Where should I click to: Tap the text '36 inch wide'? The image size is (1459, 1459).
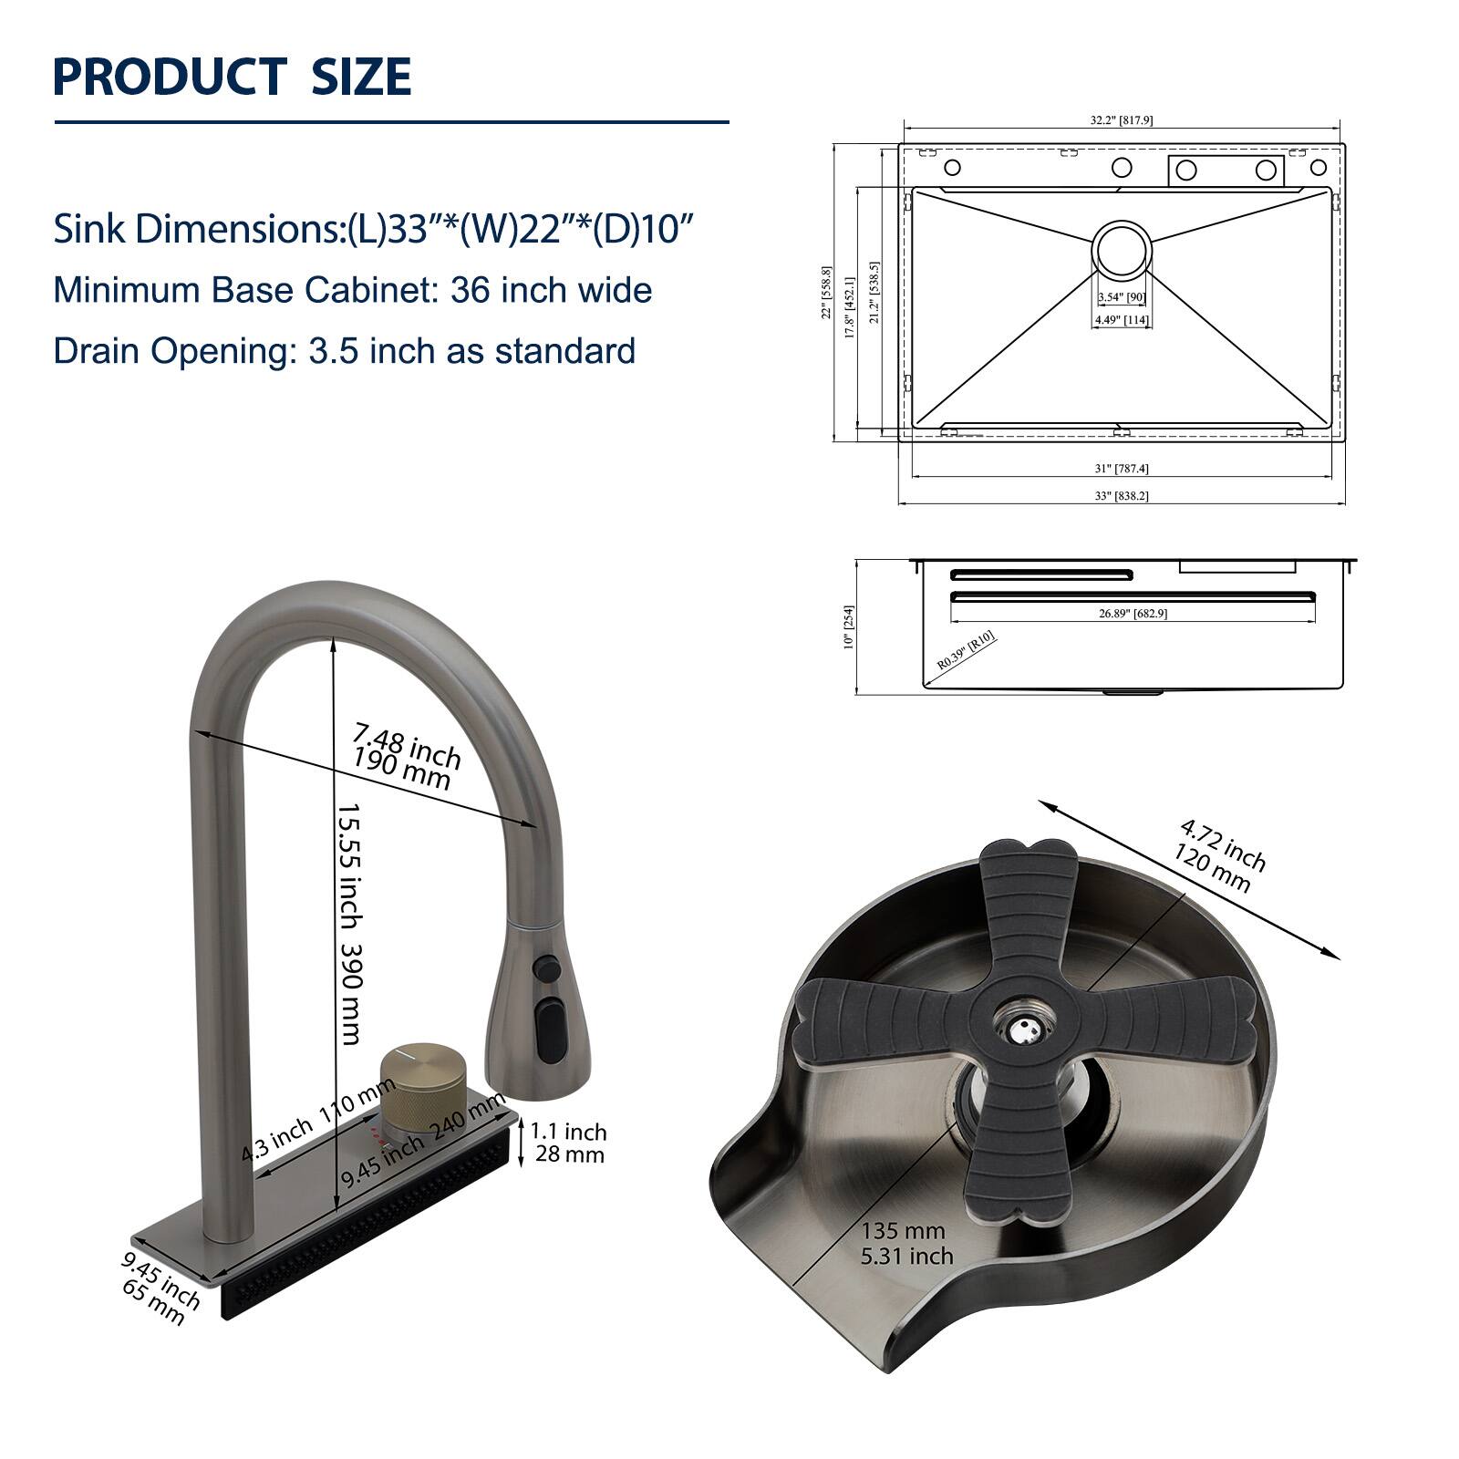click(x=551, y=290)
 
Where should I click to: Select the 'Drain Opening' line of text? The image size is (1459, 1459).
click(x=344, y=351)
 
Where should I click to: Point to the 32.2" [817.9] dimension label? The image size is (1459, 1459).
click(x=1121, y=120)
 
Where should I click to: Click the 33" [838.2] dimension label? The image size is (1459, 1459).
click(x=1121, y=496)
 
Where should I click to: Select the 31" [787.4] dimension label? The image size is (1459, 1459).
click(x=1121, y=469)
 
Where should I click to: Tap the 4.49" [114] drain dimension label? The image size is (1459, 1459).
click(x=1122, y=320)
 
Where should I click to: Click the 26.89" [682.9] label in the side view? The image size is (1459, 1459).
click(x=1133, y=613)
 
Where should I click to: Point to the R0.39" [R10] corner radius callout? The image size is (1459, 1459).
click(x=967, y=651)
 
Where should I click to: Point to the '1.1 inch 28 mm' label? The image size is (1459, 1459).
click(x=567, y=1143)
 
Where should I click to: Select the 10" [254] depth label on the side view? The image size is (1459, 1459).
click(x=848, y=626)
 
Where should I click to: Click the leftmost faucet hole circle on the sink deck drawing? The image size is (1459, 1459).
click(x=952, y=168)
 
